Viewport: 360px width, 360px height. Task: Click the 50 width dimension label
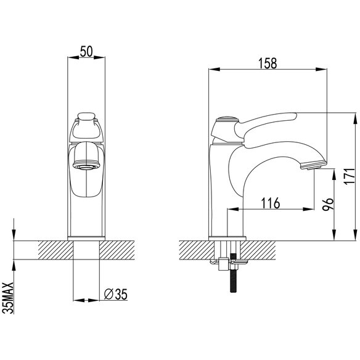(86, 51)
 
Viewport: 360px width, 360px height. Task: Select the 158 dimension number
(268, 63)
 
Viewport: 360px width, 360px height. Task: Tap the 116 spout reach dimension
(271, 203)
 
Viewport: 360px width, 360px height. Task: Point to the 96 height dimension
(327, 204)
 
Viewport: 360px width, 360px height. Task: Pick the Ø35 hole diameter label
(115, 294)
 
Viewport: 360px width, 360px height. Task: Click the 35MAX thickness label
(8, 298)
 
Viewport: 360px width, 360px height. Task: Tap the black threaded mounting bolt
(233, 272)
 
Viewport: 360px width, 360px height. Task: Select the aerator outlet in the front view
(86, 166)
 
